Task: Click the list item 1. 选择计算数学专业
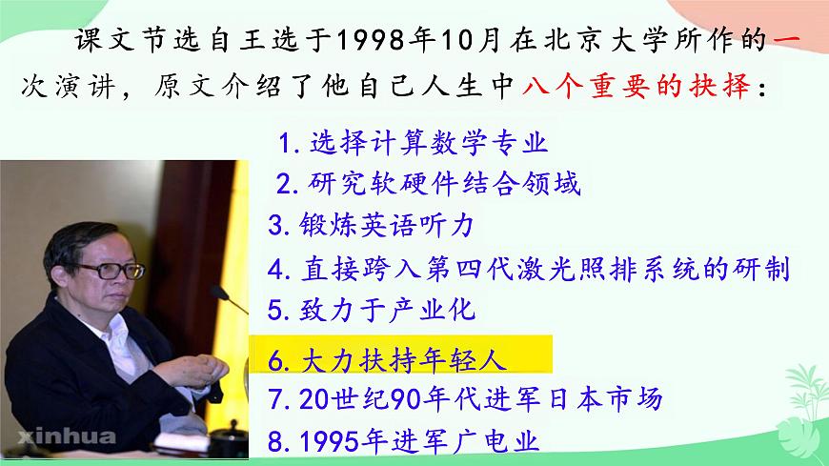click(413, 144)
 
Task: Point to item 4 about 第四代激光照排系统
click(529, 269)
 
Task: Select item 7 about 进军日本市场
click(464, 399)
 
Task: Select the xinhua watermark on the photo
click(59, 437)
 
